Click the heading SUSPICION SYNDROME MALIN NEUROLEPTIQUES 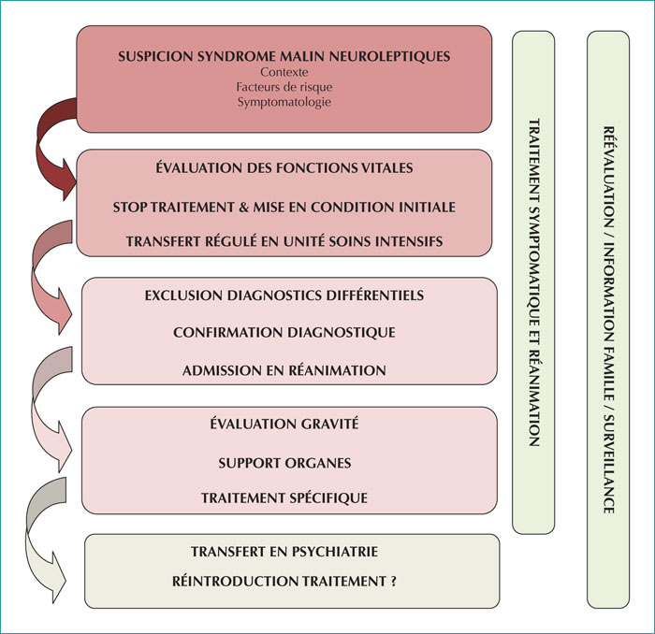[284, 56]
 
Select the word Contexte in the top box [284, 72]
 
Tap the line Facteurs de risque [284, 87]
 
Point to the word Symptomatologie [284, 102]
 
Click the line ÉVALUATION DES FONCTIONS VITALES [284, 167]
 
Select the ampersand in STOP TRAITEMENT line [243, 207]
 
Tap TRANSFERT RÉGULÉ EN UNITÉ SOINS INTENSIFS [284, 241]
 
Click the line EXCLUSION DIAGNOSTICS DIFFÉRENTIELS [284, 295]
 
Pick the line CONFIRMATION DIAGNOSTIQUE [284, 332]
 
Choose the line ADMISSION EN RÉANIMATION [284, 370]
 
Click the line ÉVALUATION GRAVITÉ [284, 424]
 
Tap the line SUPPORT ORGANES [284, 463]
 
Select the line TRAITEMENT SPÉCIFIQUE [284, 497]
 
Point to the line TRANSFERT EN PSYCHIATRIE [284, 552]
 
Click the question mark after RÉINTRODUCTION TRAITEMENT [394, 581]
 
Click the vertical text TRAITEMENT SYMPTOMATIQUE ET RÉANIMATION [534, 282]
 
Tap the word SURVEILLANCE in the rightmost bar [608, 464]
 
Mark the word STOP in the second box [130, 207]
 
